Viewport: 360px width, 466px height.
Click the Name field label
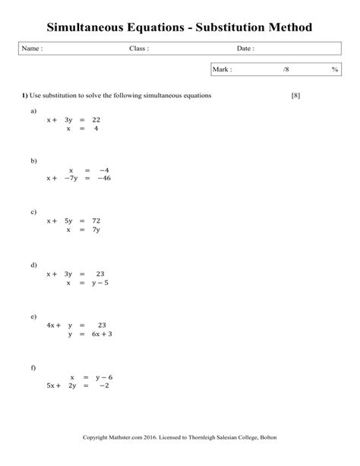coord(31,49)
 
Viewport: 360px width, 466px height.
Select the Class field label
coord(138,49)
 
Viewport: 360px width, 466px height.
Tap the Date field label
coord(245,49)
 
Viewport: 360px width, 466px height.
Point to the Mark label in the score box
coord(223,69)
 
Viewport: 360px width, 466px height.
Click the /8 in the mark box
coord(286,69)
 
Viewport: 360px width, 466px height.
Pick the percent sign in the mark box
coord(334,69)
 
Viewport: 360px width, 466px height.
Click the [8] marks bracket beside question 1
coord(296,95)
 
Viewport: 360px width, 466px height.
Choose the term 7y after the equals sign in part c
coord(95,229)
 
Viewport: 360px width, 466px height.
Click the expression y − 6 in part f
coord(101,376)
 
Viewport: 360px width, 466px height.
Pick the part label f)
coord(33,367)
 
